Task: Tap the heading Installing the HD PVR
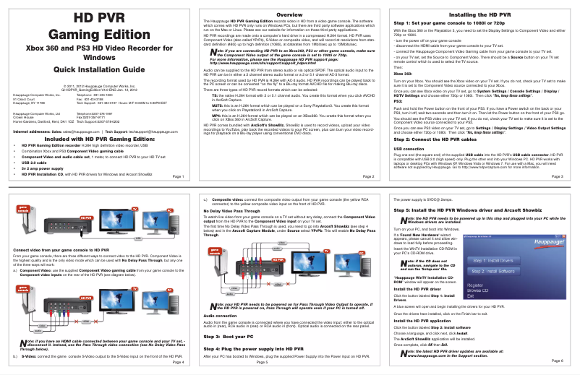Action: pos(482,14)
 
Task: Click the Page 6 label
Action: pos(558,360)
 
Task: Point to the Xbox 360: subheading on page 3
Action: pos(402,74)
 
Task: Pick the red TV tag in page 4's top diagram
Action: pos(134,208)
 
